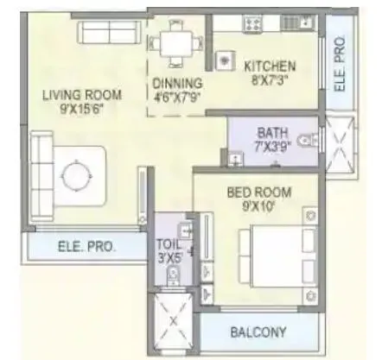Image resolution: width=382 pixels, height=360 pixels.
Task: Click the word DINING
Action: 177,84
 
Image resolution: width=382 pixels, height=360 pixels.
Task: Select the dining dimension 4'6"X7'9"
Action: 177,97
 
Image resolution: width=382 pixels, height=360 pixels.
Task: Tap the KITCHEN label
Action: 269,66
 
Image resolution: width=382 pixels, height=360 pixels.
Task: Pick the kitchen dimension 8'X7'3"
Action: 269,80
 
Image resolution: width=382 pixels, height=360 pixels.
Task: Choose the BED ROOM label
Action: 258,191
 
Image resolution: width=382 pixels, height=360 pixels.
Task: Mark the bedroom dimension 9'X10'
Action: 258,205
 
